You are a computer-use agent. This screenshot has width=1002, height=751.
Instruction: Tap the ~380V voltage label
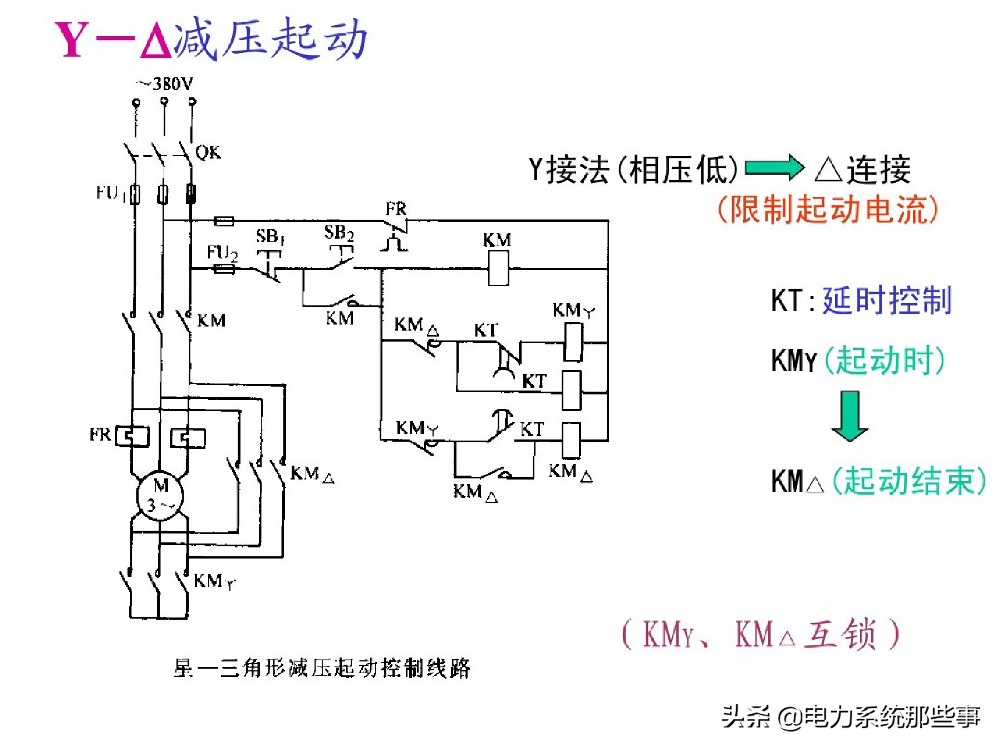point(165,84)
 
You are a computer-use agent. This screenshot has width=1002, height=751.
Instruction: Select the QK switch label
point(208,152)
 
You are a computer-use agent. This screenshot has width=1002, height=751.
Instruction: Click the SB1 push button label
point(270,236)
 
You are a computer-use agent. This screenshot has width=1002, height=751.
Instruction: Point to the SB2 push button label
point(338,232)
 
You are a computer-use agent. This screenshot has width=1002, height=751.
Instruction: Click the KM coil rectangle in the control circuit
point(498,268)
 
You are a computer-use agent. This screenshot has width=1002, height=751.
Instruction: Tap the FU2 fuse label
point(222,253)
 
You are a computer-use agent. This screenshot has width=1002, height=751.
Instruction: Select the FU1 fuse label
point(109,193)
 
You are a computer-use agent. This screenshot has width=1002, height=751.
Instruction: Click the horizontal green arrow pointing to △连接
point(774,167)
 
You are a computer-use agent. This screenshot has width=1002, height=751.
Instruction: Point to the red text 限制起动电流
point(828,210)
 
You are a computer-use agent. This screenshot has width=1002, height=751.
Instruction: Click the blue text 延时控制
point(887,300)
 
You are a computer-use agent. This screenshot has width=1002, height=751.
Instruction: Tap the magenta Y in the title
point(72,40)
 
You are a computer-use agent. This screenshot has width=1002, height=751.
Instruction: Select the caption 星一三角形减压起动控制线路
point(322,668)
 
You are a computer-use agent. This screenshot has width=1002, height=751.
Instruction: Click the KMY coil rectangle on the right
point(573,342)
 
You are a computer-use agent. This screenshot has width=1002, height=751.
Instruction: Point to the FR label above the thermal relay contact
point(396,210)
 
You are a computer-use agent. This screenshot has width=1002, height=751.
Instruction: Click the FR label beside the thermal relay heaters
point(100,434)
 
